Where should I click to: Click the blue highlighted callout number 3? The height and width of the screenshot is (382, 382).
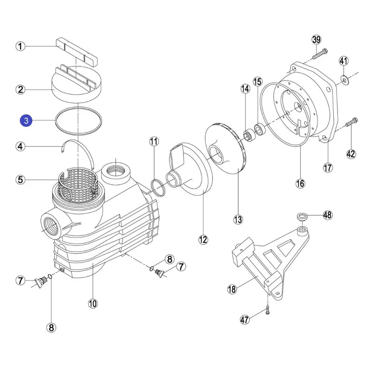26,121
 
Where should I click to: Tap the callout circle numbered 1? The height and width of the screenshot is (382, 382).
20,46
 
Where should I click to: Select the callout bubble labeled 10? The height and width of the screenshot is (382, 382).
92,303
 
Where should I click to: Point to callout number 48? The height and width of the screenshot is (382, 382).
327,215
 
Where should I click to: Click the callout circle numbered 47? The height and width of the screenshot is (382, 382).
245,319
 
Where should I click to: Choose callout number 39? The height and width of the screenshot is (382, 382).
316,39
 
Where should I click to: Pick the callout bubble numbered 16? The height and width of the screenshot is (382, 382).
300,183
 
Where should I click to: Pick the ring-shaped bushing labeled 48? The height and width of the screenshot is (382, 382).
302,218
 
